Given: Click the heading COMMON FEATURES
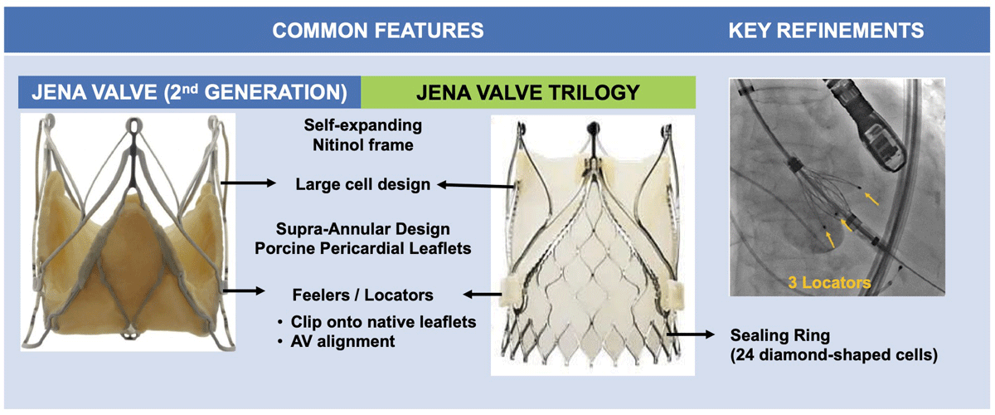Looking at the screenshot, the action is pyautogui.click(x=377, y=31).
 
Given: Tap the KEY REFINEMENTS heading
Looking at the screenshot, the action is pyautogui.click(x=826, y=31).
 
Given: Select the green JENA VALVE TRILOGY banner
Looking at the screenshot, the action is pyautogui.click(x=527, y=92).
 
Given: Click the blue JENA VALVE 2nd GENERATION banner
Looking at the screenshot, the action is pyautogui.click(x=189, y=92).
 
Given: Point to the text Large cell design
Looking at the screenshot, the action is pyautogui.click(x=363, y=184).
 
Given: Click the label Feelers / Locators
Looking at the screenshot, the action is pyautogui.click(x=362, y=295).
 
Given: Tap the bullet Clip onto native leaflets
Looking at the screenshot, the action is pyautogui.click(x=383, y=321).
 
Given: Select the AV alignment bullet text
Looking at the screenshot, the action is pyautogui.click(x=342, y=341).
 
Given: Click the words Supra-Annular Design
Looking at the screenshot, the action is pyautogui.click(x=362, y=229).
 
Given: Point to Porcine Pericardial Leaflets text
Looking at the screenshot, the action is pyautogui.click(x=362, y=248).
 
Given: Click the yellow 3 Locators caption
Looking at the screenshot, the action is pyautogui.click(x=829, y=282).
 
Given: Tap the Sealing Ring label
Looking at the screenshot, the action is pyautogui.click(x=780, y=335).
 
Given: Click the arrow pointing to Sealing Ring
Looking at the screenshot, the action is pyautogui.click(x=690, y=334).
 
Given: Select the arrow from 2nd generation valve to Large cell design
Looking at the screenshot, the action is pyautogui.click(x=248, y=183).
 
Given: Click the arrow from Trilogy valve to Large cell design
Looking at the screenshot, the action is pyautogui.click(x=475, y=185).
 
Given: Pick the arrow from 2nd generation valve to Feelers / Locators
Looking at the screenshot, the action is pyautogui.click(x=244, y=290).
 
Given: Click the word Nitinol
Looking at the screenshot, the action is pyautogui.click(x=341, y=145).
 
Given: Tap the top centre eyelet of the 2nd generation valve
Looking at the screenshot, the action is pyautogui.click(x=133, y=126).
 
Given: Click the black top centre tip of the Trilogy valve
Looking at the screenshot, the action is pyautogui.click(x=593, y=129).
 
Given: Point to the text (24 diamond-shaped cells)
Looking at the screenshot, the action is pyautogui.click(x=834, y=355).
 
